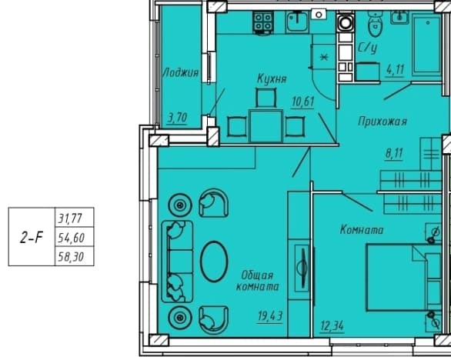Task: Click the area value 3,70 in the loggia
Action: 177,118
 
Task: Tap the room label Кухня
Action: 272,78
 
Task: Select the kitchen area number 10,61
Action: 302,102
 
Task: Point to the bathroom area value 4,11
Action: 396,69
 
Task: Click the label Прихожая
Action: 383,122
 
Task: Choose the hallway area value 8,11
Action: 394,154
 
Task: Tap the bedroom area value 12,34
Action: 332,326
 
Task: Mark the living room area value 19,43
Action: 270,317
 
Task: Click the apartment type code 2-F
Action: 31,238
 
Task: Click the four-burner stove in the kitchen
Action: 263,22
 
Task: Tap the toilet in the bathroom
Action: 376,24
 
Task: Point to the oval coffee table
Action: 214,262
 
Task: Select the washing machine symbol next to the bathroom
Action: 345,22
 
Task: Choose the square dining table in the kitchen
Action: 266,125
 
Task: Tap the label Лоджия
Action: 181,72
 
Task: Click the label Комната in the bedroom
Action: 362,230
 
